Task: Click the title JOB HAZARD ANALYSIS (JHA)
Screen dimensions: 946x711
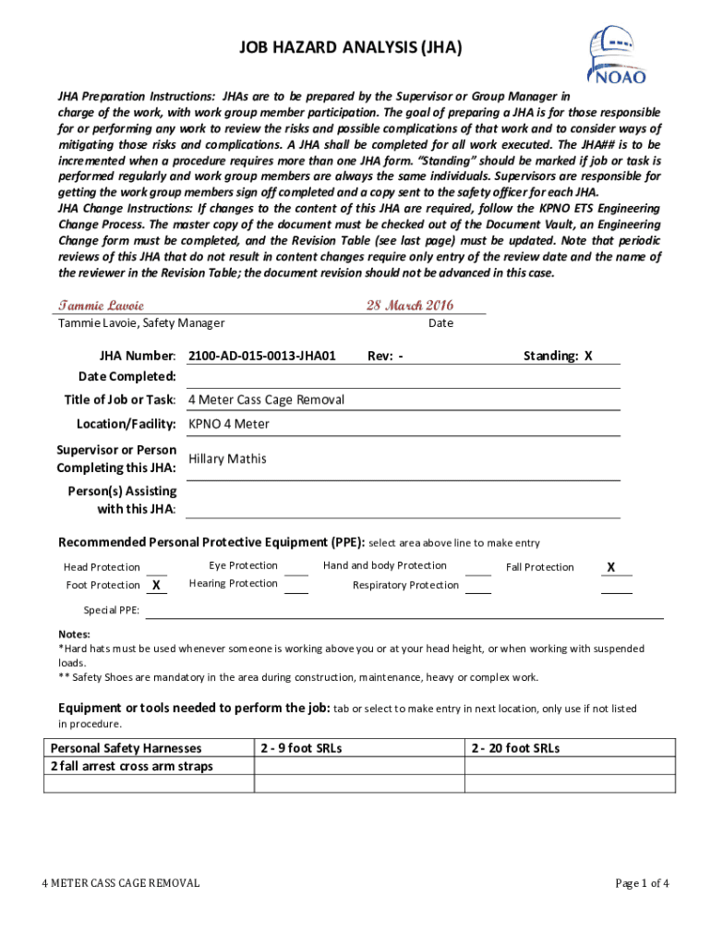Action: [350, 48]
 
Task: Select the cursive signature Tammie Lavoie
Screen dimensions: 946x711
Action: [102, 305]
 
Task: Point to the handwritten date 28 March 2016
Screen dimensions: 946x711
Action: [410, 305]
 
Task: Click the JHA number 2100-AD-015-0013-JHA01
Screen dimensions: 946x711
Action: [261, 356]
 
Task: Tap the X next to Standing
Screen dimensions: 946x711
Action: [588, 356]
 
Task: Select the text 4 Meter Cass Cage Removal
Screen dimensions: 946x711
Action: [266, 399]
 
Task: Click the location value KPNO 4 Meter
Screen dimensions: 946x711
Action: [229, 424]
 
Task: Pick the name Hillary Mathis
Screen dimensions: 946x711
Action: [227, 458]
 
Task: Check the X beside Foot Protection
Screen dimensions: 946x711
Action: [157, 585]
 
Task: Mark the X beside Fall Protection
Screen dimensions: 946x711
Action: [611, 566]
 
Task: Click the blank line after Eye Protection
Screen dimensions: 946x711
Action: [295, 566]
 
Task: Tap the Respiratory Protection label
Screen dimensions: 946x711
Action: [405, 585]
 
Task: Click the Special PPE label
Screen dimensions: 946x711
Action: [112, 611]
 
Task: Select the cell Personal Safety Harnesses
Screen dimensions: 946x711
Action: [126, 747]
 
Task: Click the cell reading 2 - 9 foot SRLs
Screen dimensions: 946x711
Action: [301, 747]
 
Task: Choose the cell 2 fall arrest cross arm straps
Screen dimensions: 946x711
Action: [131, 766]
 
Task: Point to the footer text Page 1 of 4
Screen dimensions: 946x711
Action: [642, 883]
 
